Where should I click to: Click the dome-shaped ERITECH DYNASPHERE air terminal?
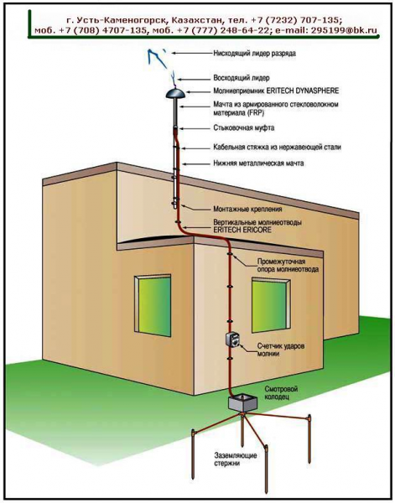[x=175, y=93]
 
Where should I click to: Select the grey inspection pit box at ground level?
[x=242, y=403]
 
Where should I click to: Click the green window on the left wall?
[x=153, y=305]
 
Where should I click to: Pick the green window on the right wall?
[x=272, y=305]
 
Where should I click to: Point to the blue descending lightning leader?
[x=157, y=59]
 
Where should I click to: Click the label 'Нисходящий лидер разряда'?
[x=254, y=54]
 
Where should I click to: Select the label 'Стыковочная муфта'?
[x=244, y=128]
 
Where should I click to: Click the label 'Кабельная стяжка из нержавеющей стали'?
[x=278, y=148]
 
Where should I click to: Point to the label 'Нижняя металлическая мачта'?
[x=258, y=163]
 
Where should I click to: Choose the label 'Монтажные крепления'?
[x=247, y=209]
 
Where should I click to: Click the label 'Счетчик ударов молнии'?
[x=281, y=350]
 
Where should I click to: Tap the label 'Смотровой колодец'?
[x=277, y=392]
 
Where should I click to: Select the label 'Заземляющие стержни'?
[x=235, y=459]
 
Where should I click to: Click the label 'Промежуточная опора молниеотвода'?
[x=288, y=265]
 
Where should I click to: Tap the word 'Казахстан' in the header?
[x=197, y=20]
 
